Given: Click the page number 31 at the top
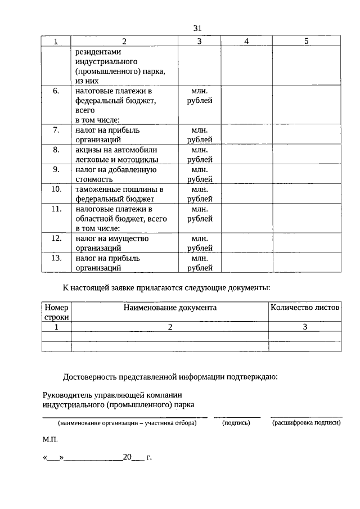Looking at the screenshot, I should click(197, 28).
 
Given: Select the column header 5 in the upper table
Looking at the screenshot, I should click(306, 41).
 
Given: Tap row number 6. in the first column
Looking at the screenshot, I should click(56, 91).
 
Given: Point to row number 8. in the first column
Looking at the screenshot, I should click(56, 150).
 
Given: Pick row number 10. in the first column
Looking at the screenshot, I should click(56, 189).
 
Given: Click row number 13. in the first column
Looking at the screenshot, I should click(56, 258).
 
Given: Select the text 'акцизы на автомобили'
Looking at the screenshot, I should click(116, 150).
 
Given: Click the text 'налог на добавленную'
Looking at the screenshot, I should click(115, 169).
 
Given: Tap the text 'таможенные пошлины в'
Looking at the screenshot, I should click(119, 189).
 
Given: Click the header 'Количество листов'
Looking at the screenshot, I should click(305, 308).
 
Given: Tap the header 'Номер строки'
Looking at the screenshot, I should click(56, 312).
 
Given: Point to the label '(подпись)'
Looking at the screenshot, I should click(236, 423).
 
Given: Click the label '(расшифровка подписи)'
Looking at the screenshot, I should click(306, 423).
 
